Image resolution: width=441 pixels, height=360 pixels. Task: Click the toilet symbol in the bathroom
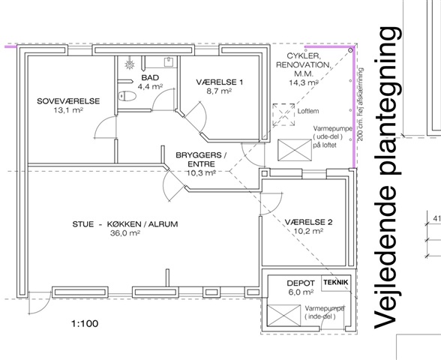pyautogui.click(x=127, y=96)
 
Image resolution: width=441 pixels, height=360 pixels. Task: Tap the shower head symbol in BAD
pyautogui.click(x=129, y=64)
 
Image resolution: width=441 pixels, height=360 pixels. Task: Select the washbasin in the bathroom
pyautogui.click(x=168, y=61)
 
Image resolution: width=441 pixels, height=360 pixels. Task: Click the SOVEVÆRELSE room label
pyautogui.click(x=68, y=101)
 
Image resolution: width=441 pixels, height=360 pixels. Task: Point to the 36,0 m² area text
pyautogui.click(x=125, y=233)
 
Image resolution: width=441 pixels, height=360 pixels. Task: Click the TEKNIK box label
pyautogui.click(x=336, y=282)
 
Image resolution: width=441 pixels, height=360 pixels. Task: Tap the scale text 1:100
pyautogui.click(x=85, y=324)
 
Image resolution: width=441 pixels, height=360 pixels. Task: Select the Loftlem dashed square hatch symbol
pyautogui.click(x=283, y=115)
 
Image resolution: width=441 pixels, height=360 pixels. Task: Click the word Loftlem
pyautogui.click(x=308, y=111)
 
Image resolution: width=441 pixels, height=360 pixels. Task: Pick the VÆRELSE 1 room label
pyautogui.click(x=219, y=82)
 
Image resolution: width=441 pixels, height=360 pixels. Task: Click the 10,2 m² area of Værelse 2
pyautogui.click(x=308, y=231)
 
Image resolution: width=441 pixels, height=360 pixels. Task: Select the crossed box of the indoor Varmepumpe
pyautogui.click(x=283, y=316)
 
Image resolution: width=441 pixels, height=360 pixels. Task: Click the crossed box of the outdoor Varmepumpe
pyautogui.click(x=295, y=150)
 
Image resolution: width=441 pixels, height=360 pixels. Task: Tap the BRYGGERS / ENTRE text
pyautogui.click(x=201, y=160)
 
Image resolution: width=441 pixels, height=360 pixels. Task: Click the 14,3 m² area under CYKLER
pyautogui.click(x=304, y=82)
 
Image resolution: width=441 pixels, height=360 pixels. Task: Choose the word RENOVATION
pyautogui.click(x=304, y=65)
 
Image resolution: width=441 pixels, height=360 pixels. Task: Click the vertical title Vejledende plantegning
pyautogui.click(x=388, y=178)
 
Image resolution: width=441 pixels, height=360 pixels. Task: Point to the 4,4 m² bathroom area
pyautogui.click(x=150, y=86)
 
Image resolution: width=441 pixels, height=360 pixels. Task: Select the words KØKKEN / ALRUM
pyautogui.click(x=142, y=224)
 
